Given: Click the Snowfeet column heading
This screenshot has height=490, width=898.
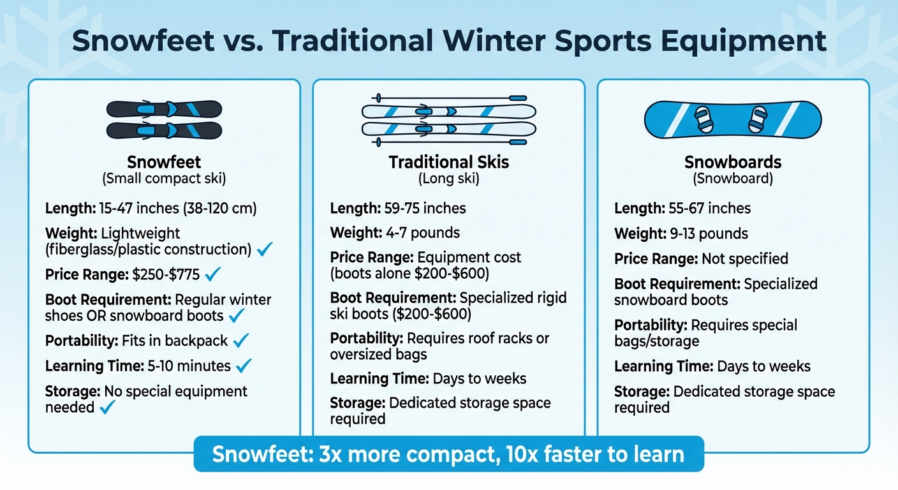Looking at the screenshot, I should click(x=164, y=161).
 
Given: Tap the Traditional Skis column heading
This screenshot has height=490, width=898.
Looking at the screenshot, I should click(x=448, y=162).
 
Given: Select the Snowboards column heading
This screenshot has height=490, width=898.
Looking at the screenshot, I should click(x=733, y=162).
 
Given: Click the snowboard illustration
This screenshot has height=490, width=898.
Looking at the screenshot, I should click(x=733, y=120).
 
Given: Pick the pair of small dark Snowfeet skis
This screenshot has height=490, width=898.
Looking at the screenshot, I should click(x=164, y=119).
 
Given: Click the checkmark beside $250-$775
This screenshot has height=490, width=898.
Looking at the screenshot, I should click(x=213, y=275).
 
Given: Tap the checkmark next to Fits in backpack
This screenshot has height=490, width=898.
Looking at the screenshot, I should click(x=241, y=341).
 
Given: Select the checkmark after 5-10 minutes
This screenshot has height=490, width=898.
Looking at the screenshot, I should click(x=244, y=366).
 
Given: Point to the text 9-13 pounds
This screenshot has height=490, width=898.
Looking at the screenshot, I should click(x=709, y=234).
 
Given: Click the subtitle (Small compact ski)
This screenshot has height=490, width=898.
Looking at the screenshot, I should click(x=164, y=179).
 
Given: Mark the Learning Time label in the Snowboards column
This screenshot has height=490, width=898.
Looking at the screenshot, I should click(x=663, y=366).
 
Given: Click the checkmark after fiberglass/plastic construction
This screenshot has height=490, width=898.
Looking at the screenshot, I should click(x=265, y=249).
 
